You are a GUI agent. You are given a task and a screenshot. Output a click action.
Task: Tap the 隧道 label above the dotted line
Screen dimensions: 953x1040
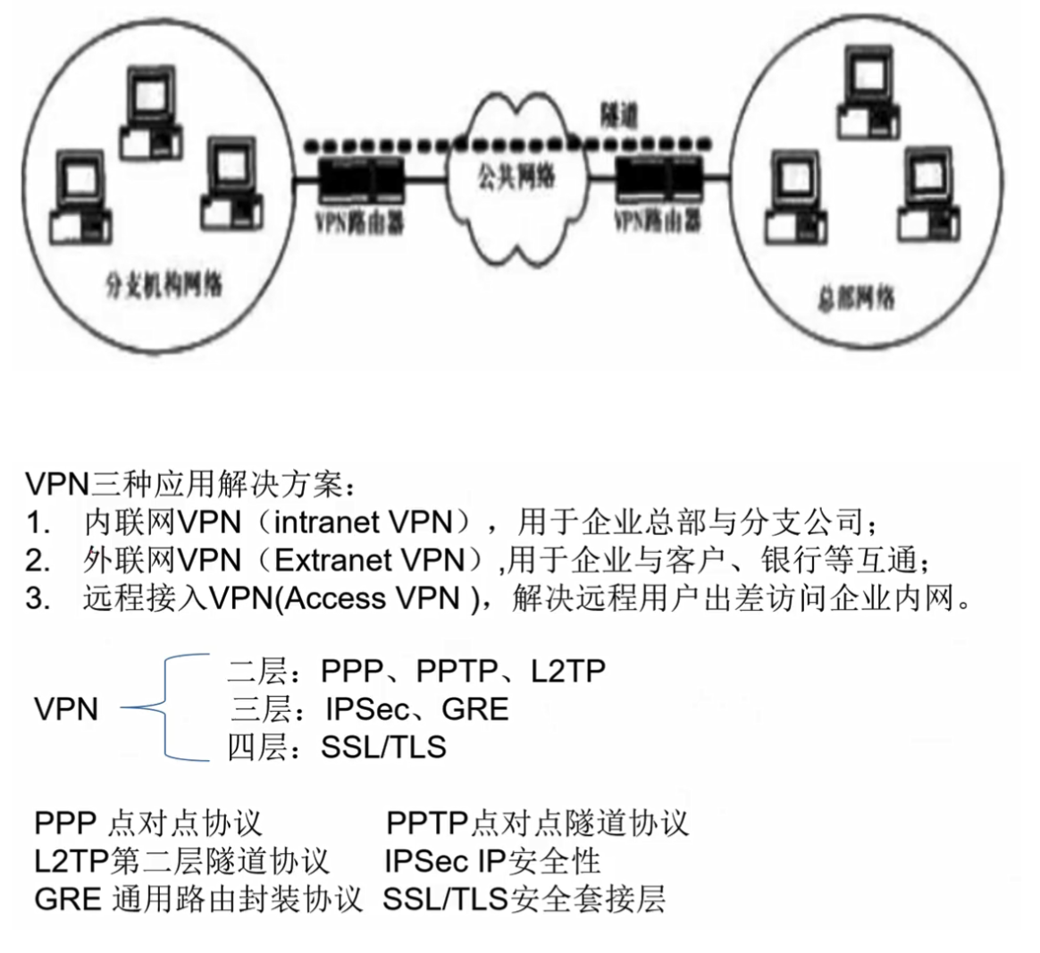[618, 116]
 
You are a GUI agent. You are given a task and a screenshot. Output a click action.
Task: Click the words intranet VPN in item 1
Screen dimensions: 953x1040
[365, 522]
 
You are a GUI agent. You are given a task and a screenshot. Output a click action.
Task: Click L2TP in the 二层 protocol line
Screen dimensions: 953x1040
[568, 671]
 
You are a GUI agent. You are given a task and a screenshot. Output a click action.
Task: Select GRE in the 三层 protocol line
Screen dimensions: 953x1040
[474, 709]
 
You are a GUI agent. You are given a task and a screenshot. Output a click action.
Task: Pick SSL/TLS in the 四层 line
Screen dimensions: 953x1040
[384, 747]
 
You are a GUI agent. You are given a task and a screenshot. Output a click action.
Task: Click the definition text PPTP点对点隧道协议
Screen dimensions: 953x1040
[537, 823]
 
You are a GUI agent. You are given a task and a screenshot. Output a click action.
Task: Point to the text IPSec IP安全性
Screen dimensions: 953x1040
[492, 861]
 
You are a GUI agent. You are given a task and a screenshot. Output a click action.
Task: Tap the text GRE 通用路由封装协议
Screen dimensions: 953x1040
[198, 899]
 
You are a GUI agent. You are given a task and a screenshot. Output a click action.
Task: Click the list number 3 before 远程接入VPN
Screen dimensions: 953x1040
[36, 598]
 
